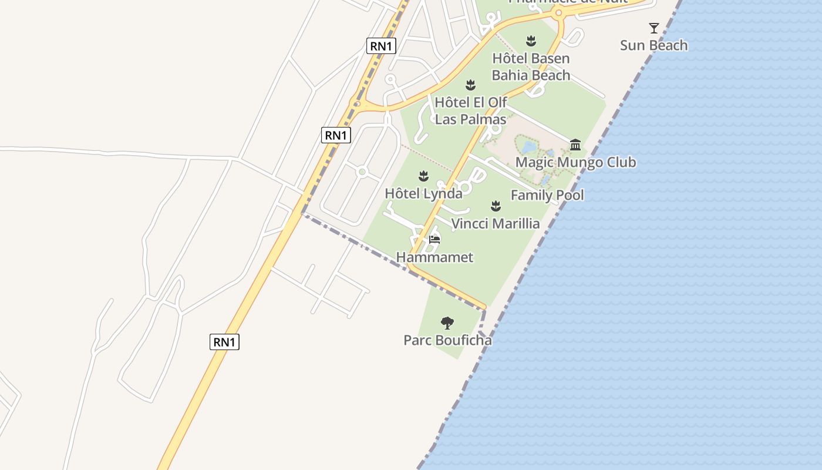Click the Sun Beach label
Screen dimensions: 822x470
pyautogui.click(x=653, y=45)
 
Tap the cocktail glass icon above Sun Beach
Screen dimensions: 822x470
pyautogui.click(x=653, y=28)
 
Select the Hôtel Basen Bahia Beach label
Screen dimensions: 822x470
pyautogui.click(x=531, y=66)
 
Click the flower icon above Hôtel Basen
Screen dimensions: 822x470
pyautogui.click(x=531, y=41)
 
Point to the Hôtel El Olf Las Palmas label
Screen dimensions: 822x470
pyautogui.click(x=470, y=110)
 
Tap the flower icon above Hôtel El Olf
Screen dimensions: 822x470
pyautogui.click(x=470, y=85)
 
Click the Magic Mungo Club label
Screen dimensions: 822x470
pyautogui.click(x=575, y=162)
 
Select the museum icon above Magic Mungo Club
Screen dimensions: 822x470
pyautogui.click(x=575, y=145)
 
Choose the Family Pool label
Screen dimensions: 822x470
pyautogui.click(x=547, y=195)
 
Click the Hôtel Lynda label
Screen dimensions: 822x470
pyautogui.click(x=423, y=193)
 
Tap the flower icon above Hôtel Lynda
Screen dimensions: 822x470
pyautogui.click(x=423, y=176)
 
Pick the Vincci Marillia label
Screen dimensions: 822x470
pyautogui.click(x=496, y=224)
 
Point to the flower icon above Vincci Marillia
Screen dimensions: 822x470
pyautogui.click(x=496, y=206)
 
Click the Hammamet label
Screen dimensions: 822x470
pyautogui.click(x=434, y=257)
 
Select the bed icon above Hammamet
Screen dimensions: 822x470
pyautogui.click(x=434, y=239)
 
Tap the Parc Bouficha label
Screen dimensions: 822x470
pyautogui.click(x=447, y=340)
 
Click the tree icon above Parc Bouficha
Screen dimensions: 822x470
pyautogui.click(x=447, y=323)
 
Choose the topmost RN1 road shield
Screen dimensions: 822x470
pyautogui.click(x=382, y=46)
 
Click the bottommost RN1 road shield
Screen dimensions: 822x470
pyautogui.click(x=224, y=342)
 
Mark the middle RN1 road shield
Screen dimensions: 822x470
pyautogui.click(x=336, y=135)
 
